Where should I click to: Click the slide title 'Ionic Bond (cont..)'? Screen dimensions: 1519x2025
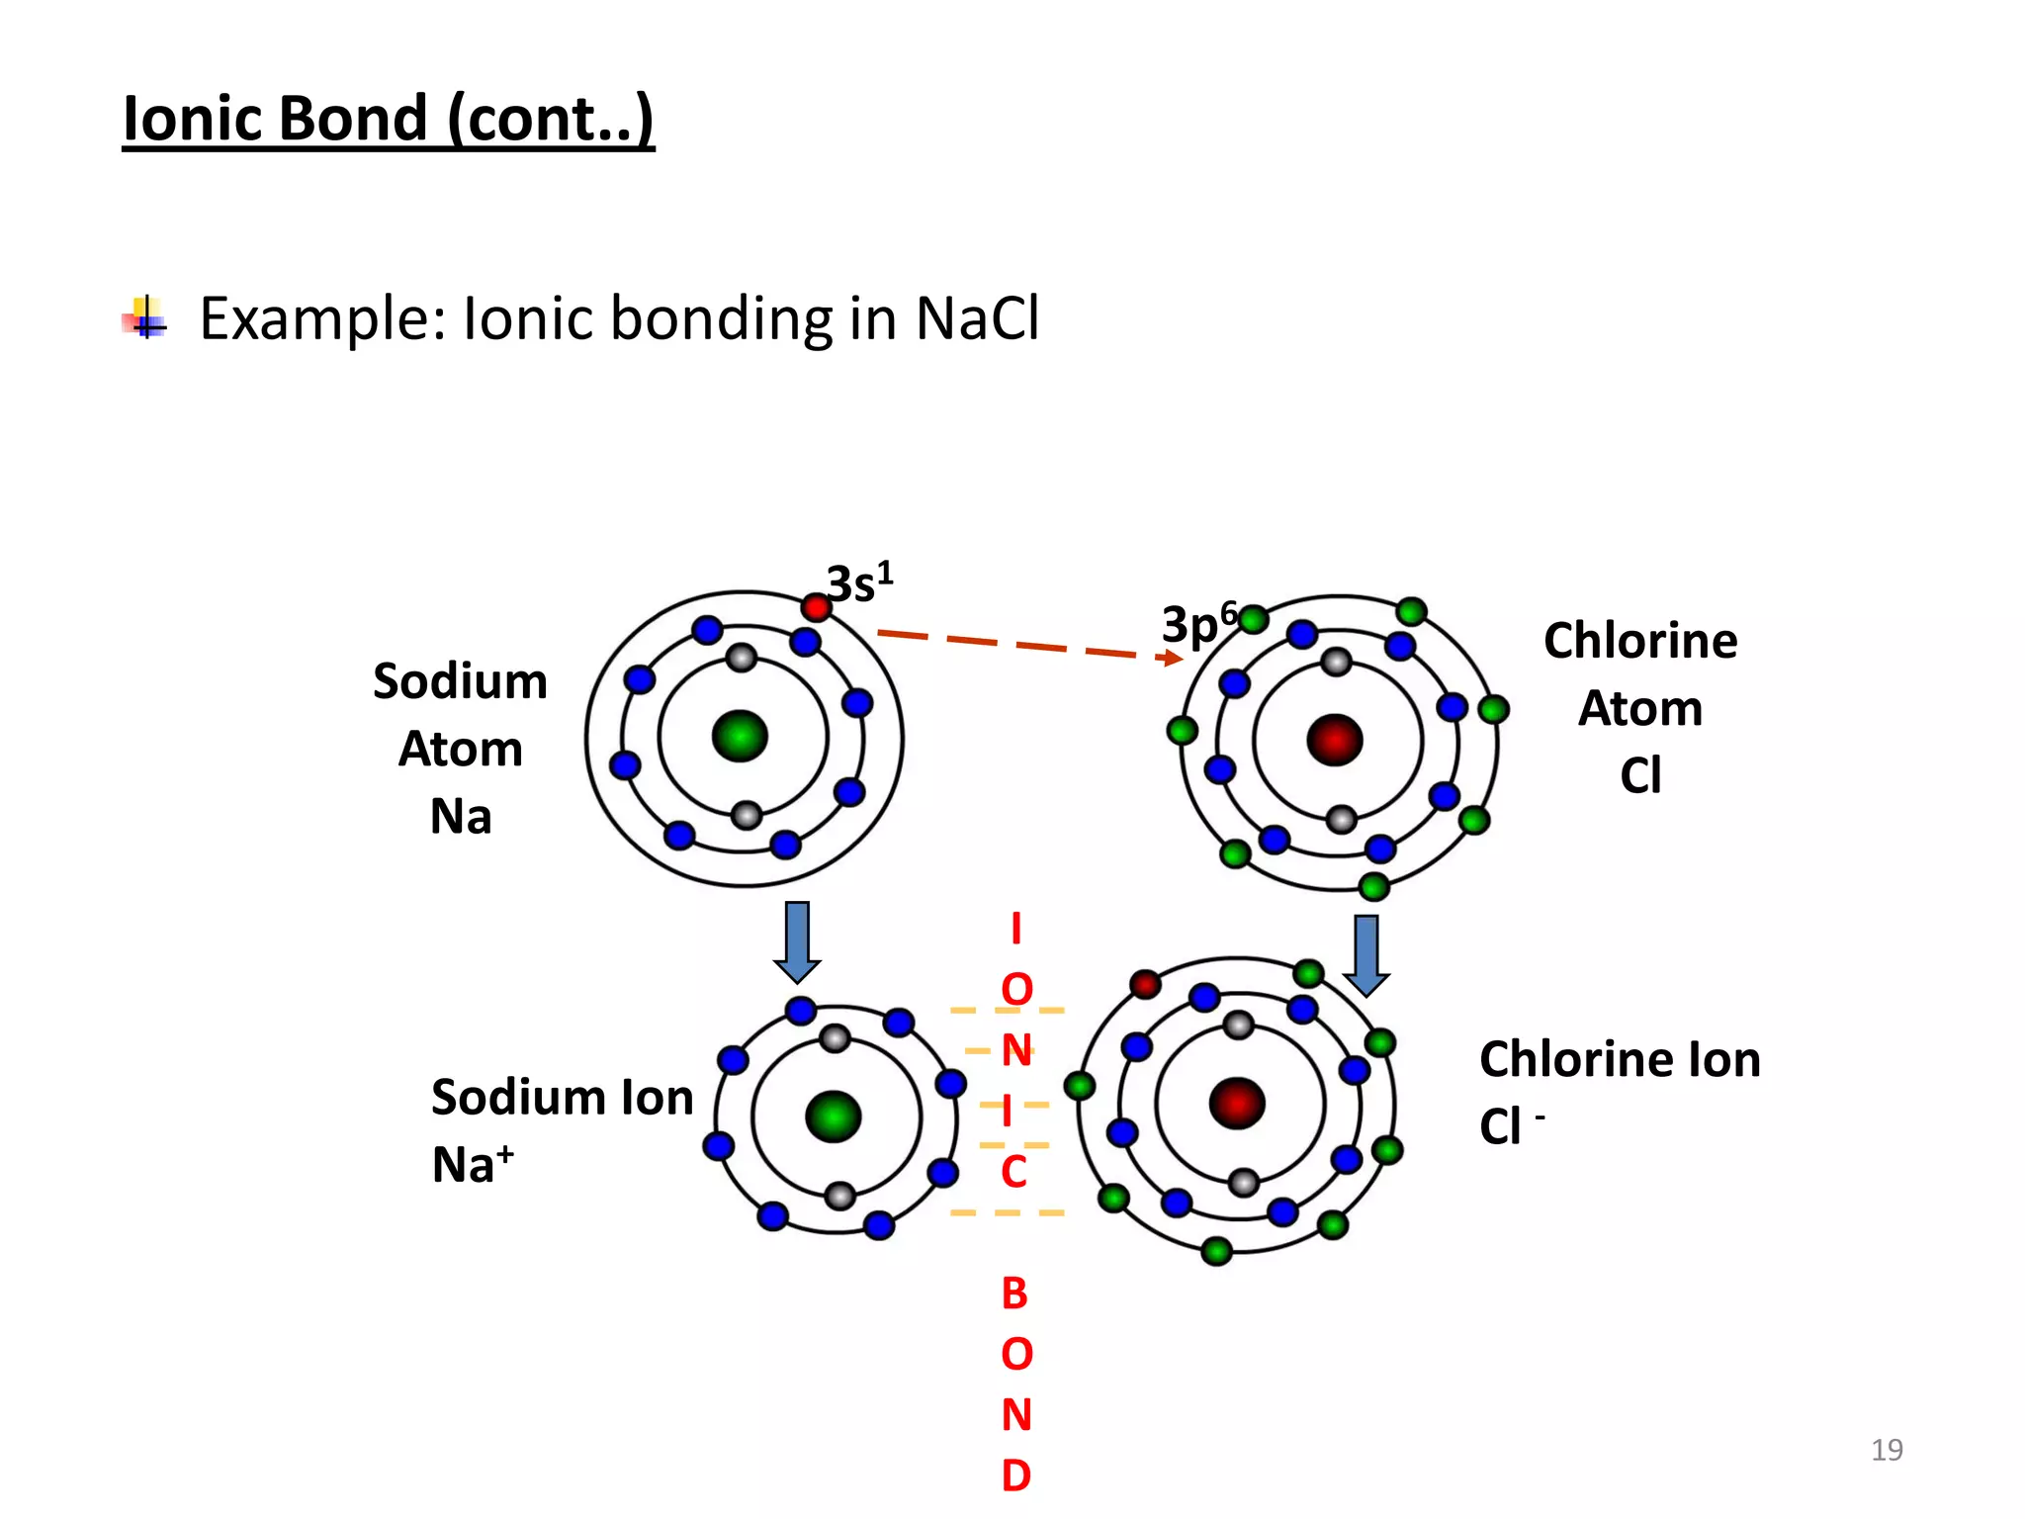pos(388,119)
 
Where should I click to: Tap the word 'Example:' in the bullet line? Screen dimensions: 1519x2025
pos(323,318)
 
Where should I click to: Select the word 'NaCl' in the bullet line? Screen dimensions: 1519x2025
pos(977,318)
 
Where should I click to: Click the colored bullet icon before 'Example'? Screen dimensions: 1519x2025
pos(145,318)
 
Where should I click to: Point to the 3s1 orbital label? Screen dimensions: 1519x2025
pos(859,582)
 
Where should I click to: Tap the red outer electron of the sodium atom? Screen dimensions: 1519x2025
pos(816,607)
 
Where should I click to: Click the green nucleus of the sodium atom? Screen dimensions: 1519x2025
pos(740,737)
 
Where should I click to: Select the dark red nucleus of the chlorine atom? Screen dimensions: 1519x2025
pos(1335,740)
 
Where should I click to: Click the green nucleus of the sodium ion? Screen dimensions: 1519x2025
pos(834,1117)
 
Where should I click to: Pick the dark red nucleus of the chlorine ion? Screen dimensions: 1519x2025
pos(1237,1104)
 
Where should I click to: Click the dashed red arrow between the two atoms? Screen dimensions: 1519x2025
pos(1028,646)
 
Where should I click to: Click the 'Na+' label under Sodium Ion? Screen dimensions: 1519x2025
pos(473,1164)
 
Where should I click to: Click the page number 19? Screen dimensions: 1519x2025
pos(1887,1450)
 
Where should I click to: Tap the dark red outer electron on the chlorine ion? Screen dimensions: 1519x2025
pos(1145,984)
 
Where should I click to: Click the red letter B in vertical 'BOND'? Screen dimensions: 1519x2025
pos(1014,1294)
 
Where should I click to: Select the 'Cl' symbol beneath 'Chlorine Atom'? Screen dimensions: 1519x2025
pos(1640,775)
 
